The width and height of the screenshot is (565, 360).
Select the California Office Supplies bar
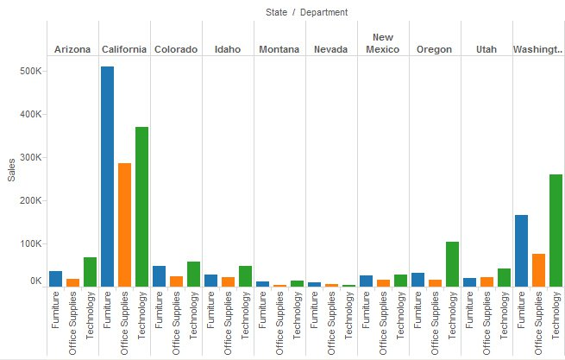[124, 224]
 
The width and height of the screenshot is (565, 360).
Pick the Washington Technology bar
[555, 230]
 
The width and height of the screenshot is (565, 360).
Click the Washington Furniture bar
[521, 250]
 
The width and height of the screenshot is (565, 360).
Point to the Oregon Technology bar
[452, 263]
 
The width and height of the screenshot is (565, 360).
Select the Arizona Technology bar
[90, 271]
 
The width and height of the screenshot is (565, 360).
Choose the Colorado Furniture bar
[159, 275]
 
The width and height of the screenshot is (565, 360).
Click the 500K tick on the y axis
[30, 71]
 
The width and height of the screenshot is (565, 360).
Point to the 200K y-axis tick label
[30, 200]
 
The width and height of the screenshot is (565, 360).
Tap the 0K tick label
[35, 281]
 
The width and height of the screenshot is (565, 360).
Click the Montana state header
[280, 49]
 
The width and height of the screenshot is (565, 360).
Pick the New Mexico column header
[383, 43]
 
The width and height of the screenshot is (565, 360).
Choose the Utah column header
[487, 49]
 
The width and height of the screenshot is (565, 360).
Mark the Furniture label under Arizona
[56, 310]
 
